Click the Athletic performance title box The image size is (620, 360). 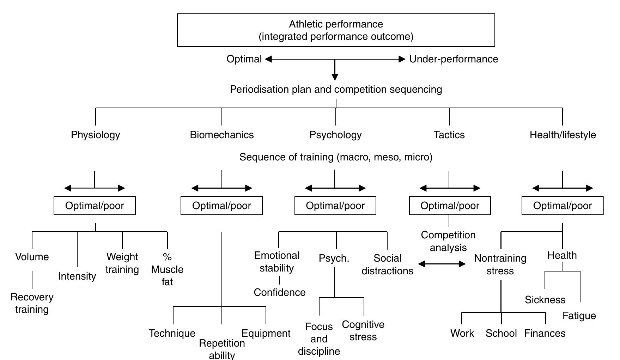coord(336,30)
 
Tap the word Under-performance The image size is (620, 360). coord(454,59)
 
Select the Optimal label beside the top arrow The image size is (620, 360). coord(244,59)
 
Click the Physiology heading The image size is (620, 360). coord(95,135)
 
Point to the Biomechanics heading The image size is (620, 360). coord(221,135)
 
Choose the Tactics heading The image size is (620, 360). coord(449,135)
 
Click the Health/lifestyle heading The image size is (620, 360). coord(563,135)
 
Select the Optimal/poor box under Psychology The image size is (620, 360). coord(335,206)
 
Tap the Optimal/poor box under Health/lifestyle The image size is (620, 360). coord(562,206)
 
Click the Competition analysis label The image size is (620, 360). coord(448,241)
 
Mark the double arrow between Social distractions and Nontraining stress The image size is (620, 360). coord(442,264)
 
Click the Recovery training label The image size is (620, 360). coord(32,303)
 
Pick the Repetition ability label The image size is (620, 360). coord(222,349)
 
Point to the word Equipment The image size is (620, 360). coord(266,333)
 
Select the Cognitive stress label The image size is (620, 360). coord(363,330)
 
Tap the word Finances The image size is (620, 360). coord(545,333)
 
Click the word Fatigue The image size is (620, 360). coord(579,316)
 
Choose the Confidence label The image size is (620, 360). coord(279,292)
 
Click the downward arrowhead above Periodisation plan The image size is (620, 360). coord(335,77)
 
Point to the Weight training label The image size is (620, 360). coord(122,263)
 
